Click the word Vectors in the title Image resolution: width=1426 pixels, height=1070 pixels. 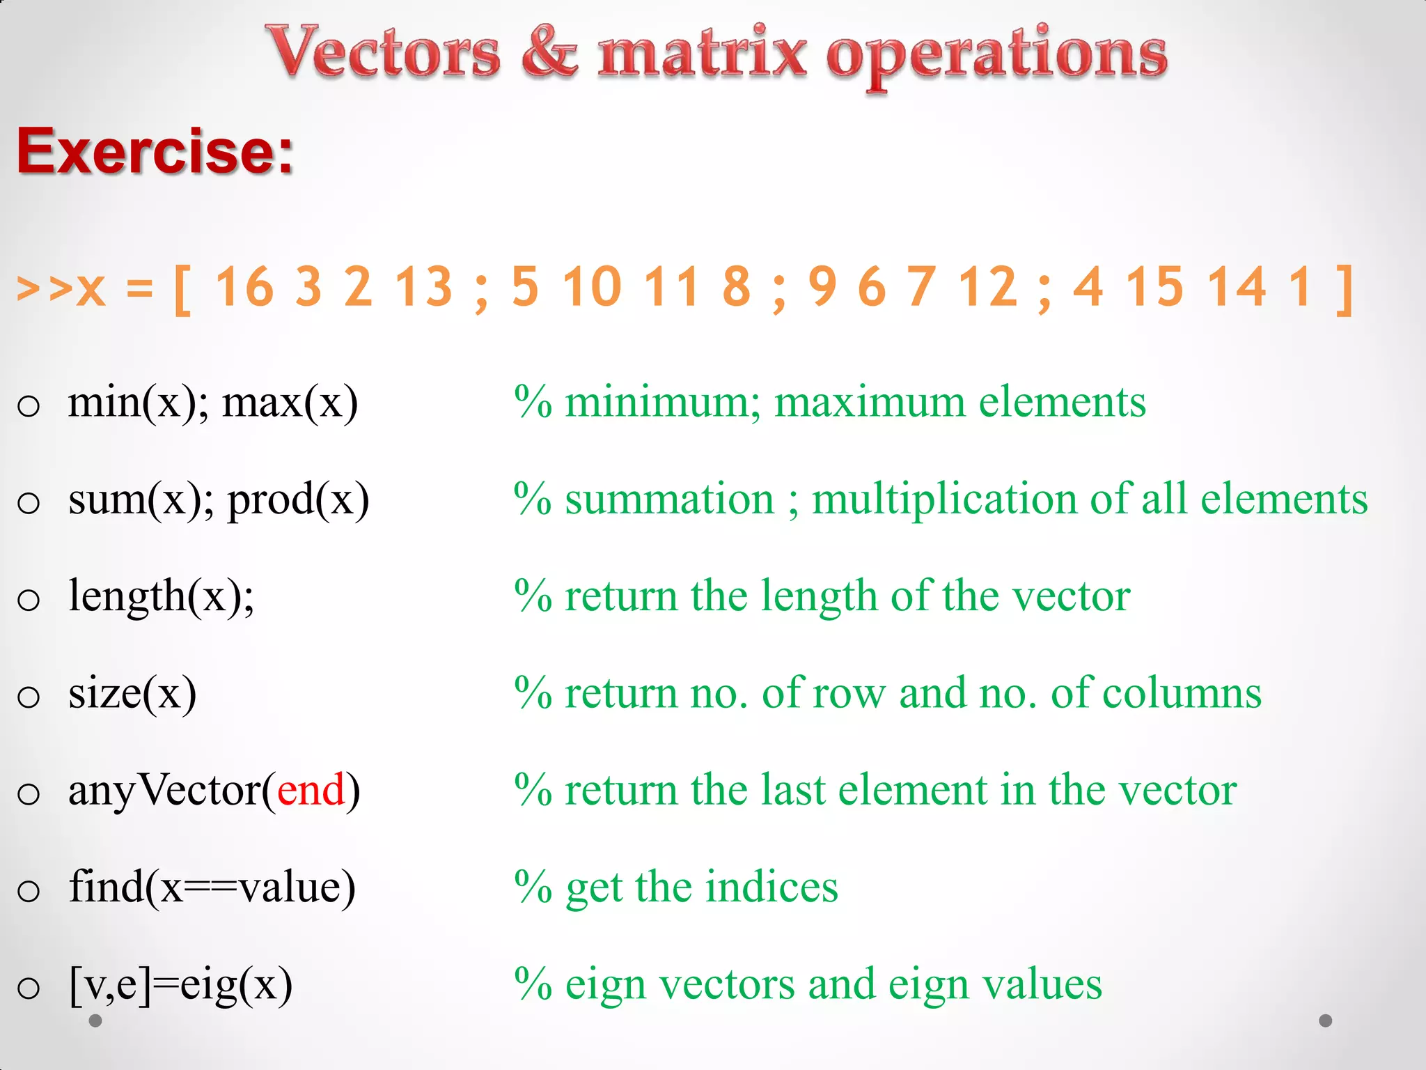pyautogui.click(x=383, y=52)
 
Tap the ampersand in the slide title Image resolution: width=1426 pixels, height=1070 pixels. pyautogui.click(x=549, y=52)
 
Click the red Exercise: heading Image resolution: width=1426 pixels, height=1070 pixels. pyautogui.click(x=155, y=151)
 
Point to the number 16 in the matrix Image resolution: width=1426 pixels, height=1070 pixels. pyautogui.click(x=244, y=287)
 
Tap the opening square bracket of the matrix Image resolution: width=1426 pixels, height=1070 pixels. pyautogui.click(x=182, y=288)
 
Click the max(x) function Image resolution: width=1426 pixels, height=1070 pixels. pyautogui.click(x=290, y=403)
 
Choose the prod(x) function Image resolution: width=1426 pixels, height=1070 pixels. pyautogui.click(x=298, y=500)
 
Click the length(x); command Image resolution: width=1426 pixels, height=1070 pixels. pyautogui.click(x=162, y=597)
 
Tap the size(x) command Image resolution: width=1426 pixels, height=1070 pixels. pyautogui.click(x=132, y=694)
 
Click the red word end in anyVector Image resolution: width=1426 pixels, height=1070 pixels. pyautogui.click(x=311, y=791)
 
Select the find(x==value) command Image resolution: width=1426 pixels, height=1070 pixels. pyautogui.click(x=212, y=887)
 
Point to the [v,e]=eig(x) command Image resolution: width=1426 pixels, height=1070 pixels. pyautogui.click(x=181, y=985)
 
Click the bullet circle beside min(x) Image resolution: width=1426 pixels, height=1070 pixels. pyautogui.click(x=29, y=405)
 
